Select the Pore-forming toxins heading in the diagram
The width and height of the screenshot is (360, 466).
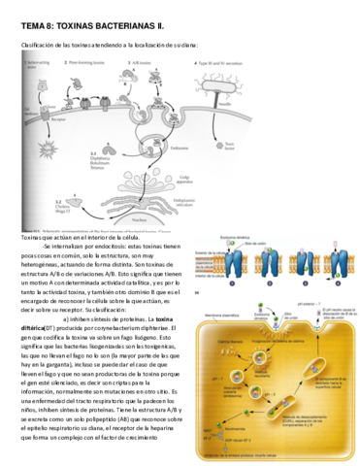[x=88, y=61]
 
